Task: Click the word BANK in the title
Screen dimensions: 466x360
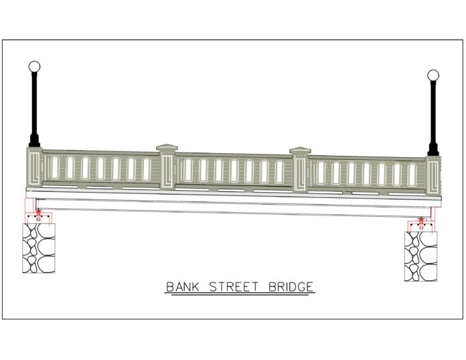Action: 183,287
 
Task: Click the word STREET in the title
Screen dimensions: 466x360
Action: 234,287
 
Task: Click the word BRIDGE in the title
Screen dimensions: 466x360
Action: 291,287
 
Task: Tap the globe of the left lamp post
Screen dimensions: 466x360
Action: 34,66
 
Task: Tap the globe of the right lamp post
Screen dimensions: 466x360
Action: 433,75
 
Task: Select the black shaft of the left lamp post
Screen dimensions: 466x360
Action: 34,103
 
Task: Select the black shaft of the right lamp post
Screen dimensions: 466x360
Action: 433,112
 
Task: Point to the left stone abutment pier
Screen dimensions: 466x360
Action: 39,248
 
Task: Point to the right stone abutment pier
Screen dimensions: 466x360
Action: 421,256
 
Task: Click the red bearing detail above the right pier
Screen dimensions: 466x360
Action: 421,223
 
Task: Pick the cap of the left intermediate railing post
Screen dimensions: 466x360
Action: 167,148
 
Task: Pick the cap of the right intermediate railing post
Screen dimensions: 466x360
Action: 300,151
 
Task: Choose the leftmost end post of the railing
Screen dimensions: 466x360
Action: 34,167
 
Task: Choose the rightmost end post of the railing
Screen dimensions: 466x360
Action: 433,176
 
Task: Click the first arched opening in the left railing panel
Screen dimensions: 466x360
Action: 55,167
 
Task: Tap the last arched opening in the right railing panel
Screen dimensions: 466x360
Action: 412,175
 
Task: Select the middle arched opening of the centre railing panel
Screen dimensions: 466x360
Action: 234,171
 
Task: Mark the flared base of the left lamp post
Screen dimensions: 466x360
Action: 34,141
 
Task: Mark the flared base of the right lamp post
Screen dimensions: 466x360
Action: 433,150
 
